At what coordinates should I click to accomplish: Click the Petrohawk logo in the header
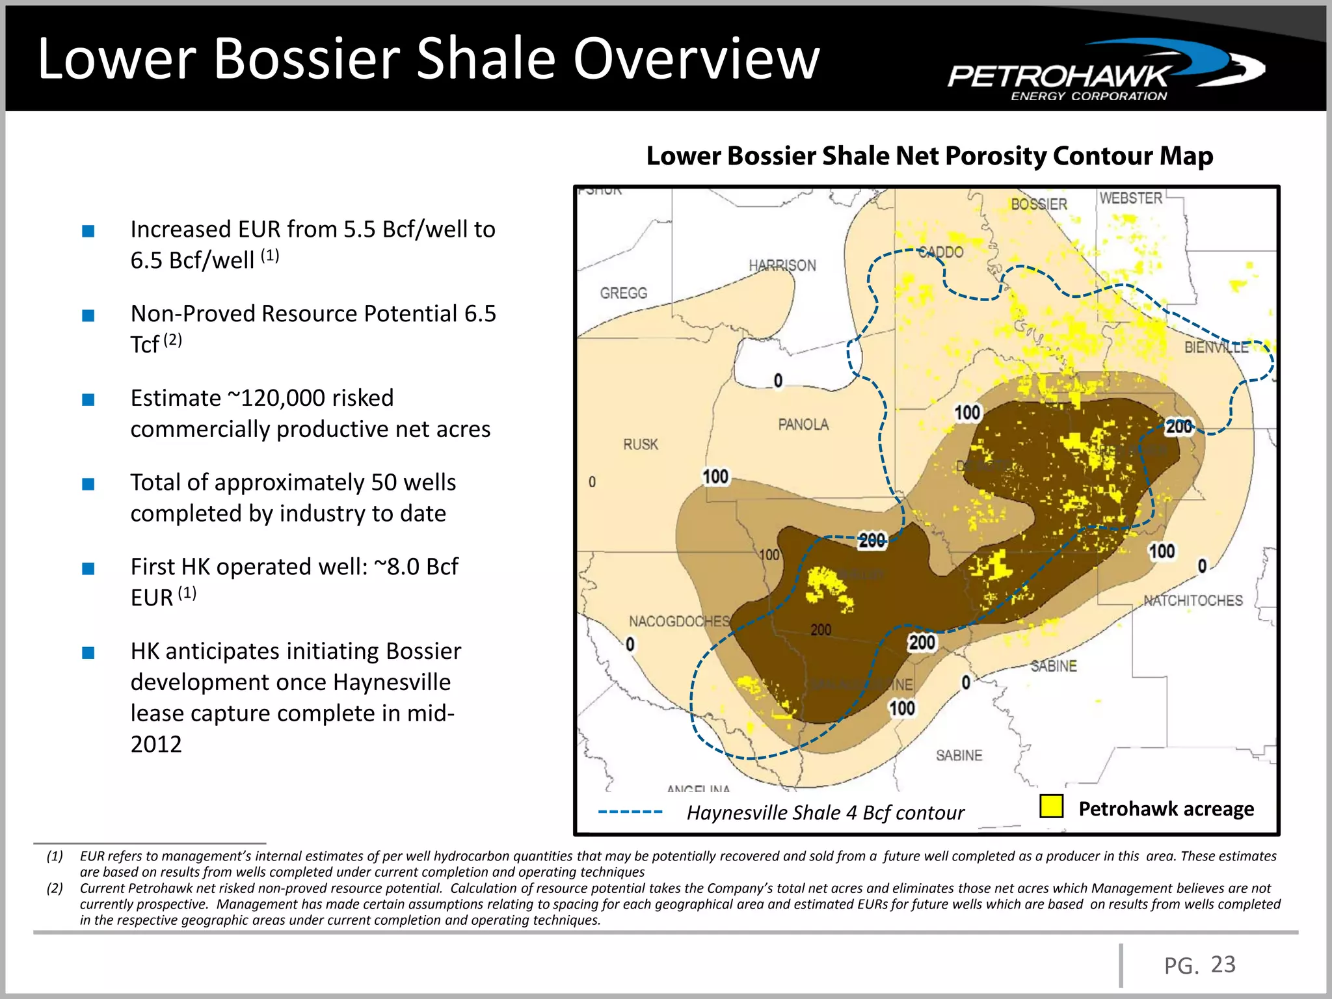[x=1106, y=72]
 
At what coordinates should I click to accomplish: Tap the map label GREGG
[x=623, y=293]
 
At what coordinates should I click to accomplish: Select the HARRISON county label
[x=782, y=265]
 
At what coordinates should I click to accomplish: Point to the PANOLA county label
[x=803, y=425]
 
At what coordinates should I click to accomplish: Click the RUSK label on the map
[x=641, y=445]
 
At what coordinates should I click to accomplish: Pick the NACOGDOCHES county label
[x=679, y=622]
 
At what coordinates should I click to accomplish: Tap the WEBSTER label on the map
[x=1130, y=198]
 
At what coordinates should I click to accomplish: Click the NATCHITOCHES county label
[x=1193, y=601]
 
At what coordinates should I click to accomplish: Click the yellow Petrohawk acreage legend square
[x=1051, y=806]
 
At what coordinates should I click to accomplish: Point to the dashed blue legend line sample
[x=630, y=812]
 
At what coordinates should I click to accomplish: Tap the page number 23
[x=1223, y=964]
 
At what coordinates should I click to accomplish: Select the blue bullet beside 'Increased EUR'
[x=88, y=231]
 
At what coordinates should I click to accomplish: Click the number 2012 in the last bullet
[x=156, y=744]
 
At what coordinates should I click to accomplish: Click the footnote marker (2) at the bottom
[x=55, y=888]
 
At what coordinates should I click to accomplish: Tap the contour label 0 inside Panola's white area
[x=778, y=380]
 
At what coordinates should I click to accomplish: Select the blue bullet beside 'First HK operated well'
[x=88, y=568]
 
